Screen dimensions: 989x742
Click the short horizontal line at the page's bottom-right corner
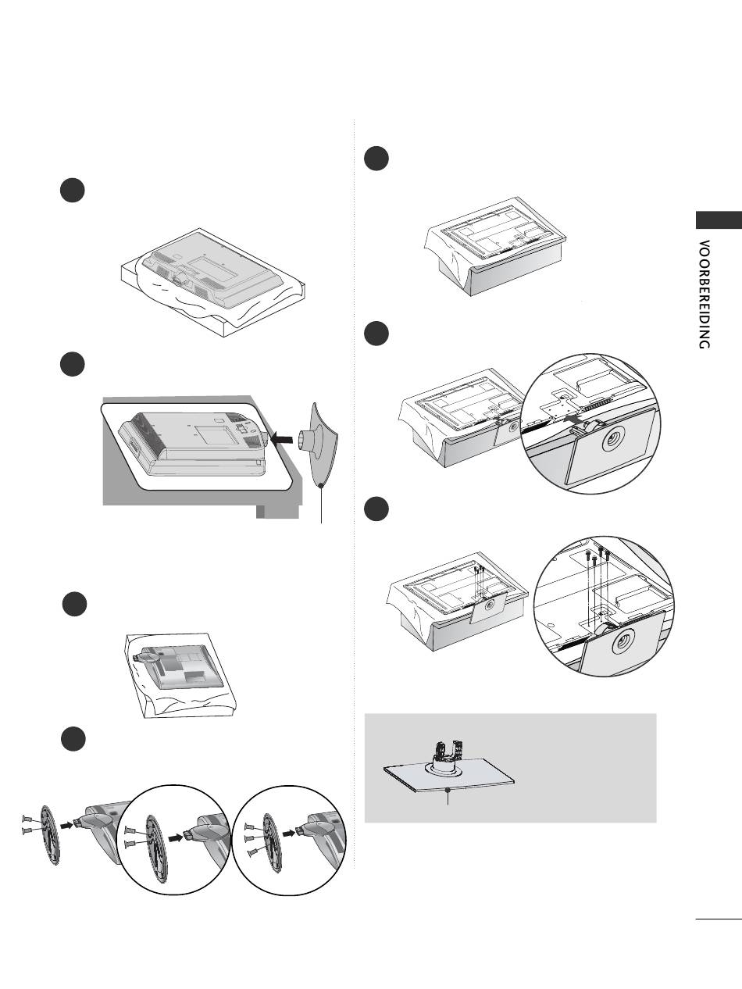click(718, 919)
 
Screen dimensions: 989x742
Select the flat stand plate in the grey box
click(449, 777)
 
